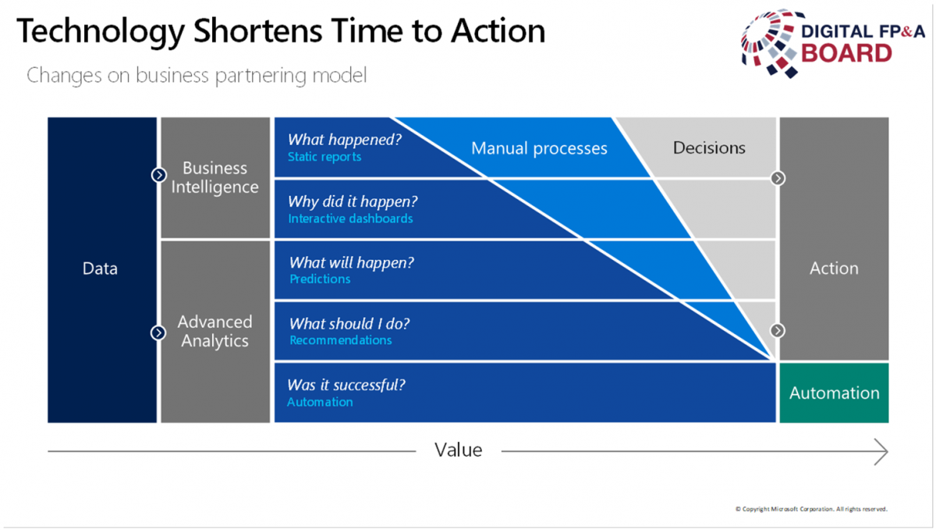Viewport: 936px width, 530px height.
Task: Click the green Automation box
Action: point(834,393)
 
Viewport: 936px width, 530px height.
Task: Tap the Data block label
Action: point(100,269)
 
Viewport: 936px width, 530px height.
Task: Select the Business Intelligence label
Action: point(214,177)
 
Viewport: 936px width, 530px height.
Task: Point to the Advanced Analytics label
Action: point(214,331)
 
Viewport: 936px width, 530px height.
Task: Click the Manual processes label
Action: point(539,148)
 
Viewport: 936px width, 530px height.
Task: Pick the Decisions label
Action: point(709,148)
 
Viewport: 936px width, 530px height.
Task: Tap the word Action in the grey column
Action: point(834,269)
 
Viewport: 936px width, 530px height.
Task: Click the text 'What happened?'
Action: point(345,140)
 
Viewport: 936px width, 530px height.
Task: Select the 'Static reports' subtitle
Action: point(324,157)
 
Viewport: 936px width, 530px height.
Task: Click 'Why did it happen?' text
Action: point(353,201)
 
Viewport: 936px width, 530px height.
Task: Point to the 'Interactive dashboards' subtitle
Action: point(350,219)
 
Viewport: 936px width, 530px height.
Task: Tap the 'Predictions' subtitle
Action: point(320,279)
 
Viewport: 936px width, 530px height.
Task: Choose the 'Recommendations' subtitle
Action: point(341,340)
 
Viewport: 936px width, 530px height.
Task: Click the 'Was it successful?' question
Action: point(346,385)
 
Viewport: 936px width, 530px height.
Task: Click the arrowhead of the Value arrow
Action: point(886,451)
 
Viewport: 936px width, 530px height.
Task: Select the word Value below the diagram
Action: point(459,450)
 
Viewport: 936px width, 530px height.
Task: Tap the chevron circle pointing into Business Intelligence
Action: point(159,175)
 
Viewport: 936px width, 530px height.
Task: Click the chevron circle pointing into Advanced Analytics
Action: point(158,333)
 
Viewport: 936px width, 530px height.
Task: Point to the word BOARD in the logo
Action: point(846,54)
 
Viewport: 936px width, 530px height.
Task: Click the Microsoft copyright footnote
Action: point(811,509)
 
